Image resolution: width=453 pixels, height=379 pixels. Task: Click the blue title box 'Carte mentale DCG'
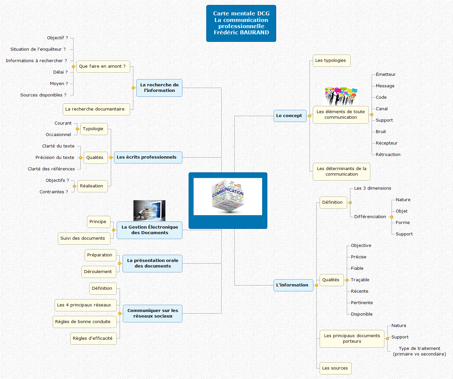click(241, 23)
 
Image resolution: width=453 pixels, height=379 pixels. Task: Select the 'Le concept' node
click(290, 116)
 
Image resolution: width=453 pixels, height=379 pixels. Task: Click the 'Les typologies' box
click(331, 60)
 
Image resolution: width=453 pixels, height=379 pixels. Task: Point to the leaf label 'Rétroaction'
click(388, 155)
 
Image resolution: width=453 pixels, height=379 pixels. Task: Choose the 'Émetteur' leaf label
click(386, 75)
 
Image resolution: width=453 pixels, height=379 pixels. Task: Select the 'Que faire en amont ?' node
click(103, 66)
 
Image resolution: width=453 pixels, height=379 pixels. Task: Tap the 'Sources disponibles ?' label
click(43, 95)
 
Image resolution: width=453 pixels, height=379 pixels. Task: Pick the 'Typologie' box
click(93, 129)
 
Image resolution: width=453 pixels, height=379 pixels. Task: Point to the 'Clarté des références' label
click(51, 169)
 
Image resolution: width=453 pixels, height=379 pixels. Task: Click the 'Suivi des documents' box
click(83, 238)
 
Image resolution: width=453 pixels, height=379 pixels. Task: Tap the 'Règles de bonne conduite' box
click(84, 322)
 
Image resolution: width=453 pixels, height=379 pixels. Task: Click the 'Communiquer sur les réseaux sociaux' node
click(153, 313)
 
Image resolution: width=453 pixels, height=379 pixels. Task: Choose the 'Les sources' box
click(335, 368)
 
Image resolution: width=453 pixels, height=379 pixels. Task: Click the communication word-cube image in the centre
click(228, 197)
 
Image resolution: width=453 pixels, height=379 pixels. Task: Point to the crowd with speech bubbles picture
click(341, 96)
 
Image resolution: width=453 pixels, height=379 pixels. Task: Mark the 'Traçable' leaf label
click(360, 280)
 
